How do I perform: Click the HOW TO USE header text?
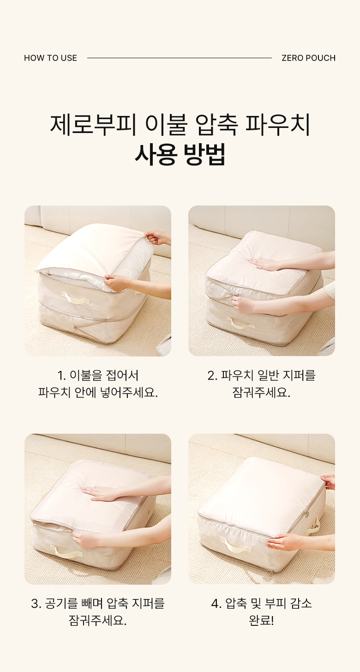[50, 58]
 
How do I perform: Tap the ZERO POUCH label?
[308, 58]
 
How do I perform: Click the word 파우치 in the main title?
[277, 124]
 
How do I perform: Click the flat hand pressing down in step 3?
[99, 493]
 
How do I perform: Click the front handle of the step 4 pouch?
[235, 545]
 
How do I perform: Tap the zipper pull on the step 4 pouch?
[307, 514]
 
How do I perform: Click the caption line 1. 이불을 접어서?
[98, 375]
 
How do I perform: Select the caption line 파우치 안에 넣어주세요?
[98, 393]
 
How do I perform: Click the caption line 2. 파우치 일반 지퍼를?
[261, 375]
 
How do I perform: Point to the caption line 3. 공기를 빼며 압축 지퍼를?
[98, 603]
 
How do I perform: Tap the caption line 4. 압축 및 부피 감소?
[261, 603]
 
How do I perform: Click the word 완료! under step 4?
[261, 620]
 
